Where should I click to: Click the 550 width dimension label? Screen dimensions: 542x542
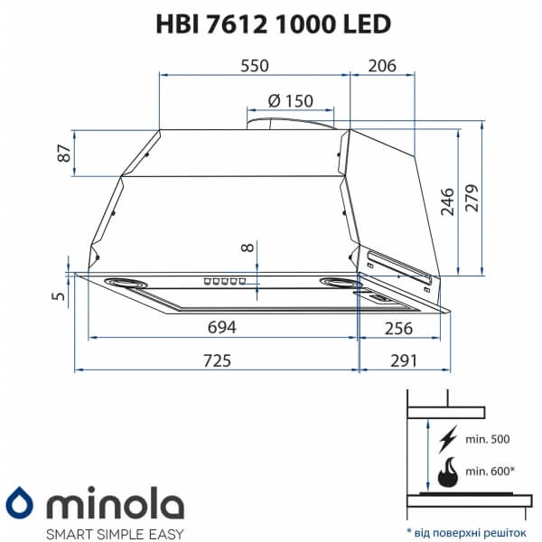click(255, 66)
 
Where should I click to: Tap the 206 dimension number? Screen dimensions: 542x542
click(382, 66)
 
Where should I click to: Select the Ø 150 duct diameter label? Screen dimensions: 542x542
click(290, 101)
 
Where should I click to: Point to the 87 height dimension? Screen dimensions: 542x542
click(64, 154)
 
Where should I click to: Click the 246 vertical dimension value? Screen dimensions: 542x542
click(447, 202)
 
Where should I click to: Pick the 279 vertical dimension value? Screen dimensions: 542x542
click(472, 198)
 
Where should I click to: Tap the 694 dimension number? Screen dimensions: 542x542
click(222, 327)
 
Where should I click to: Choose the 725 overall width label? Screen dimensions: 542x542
click(217, 360)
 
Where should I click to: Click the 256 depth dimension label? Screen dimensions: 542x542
click(398, 328)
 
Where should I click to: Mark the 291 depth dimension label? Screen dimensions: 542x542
click(404, 360)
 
